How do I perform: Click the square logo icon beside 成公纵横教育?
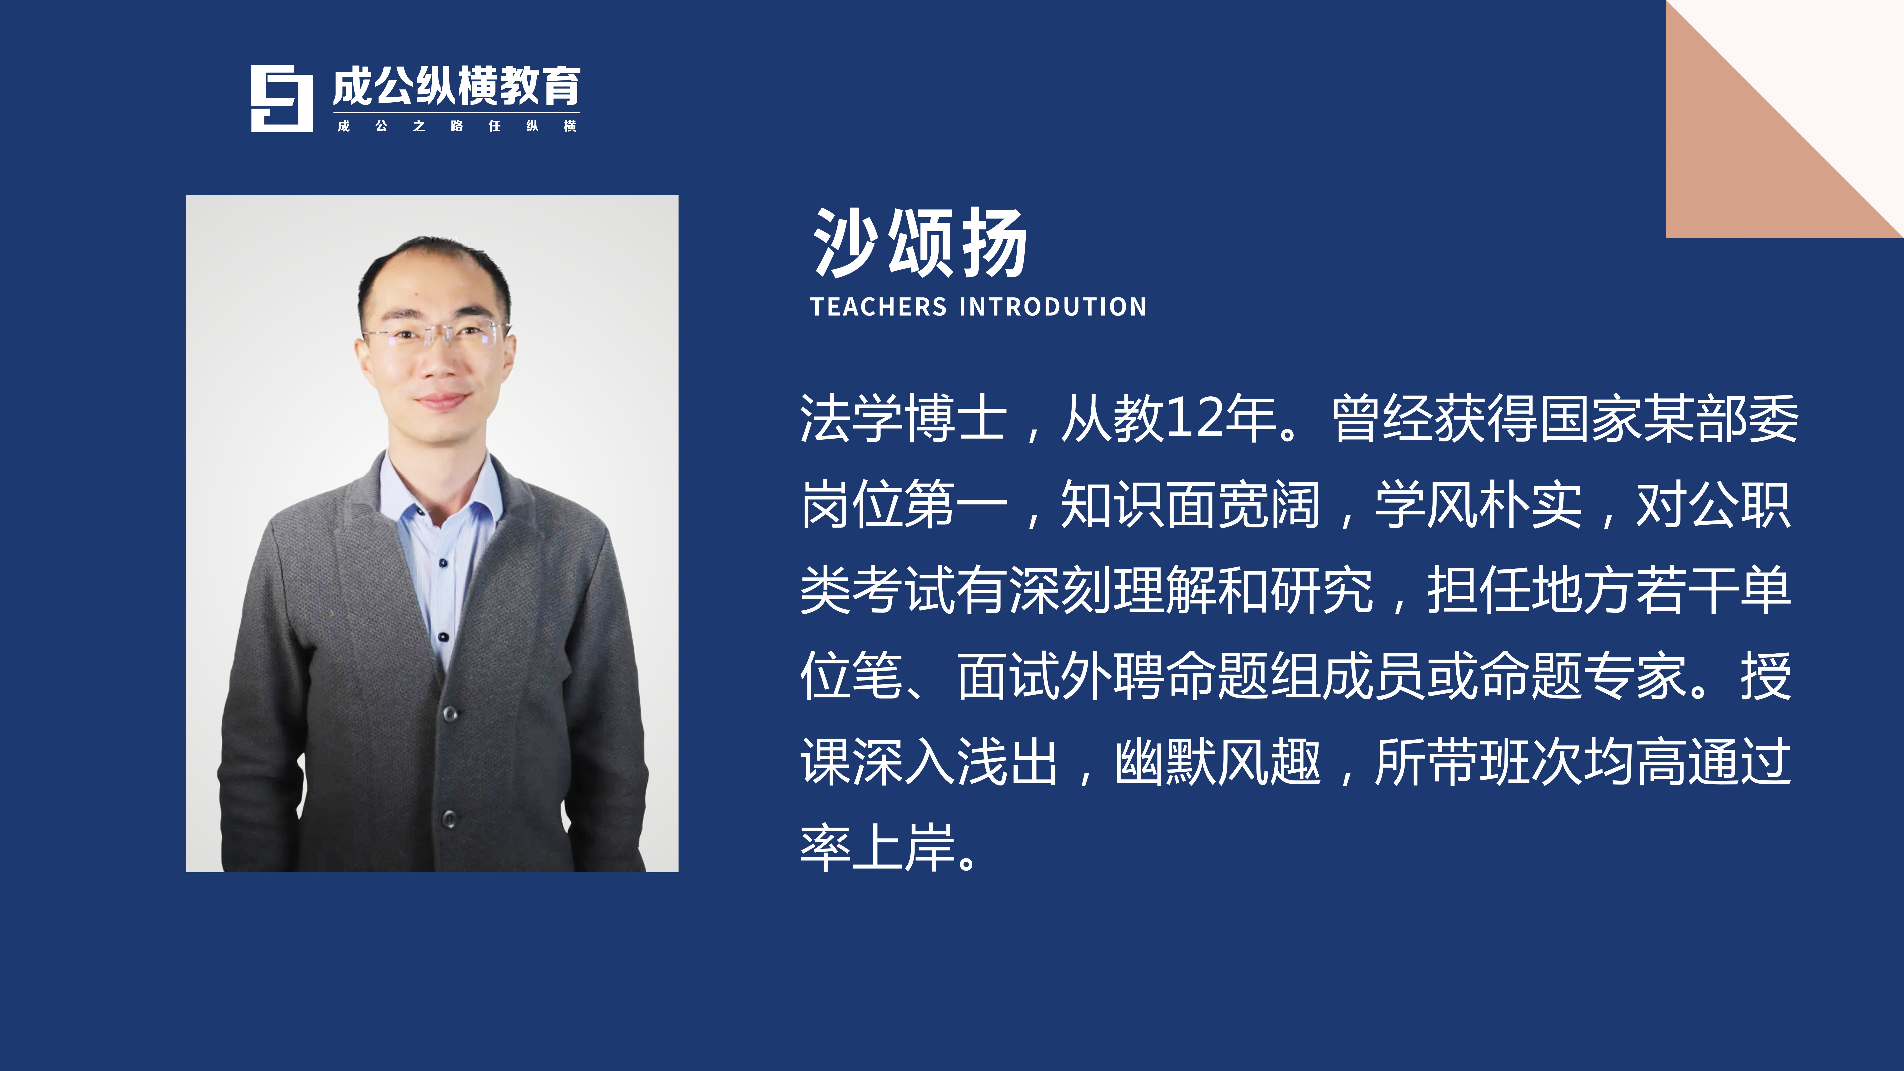(282, 98)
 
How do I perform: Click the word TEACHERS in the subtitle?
(878, 307)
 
